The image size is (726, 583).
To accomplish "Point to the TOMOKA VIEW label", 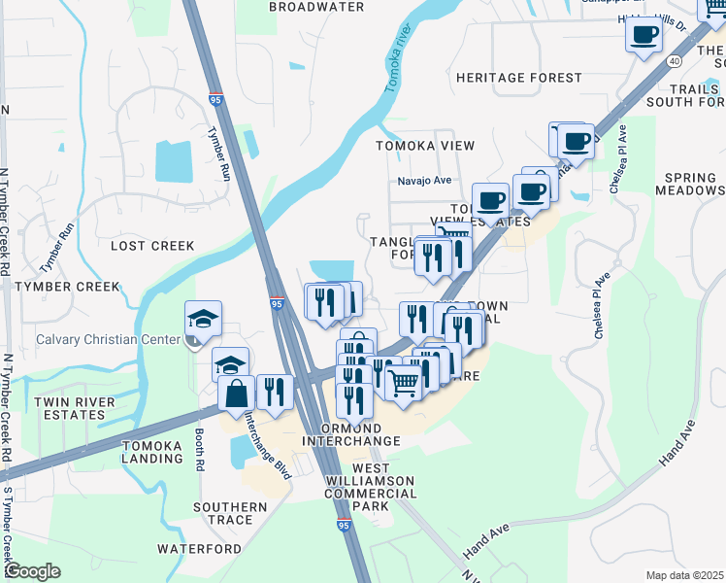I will pos(426,146).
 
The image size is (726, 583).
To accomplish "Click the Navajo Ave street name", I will pos(424,181).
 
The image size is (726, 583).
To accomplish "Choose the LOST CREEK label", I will pos(152,246).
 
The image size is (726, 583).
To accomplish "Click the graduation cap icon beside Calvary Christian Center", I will pos(204,318).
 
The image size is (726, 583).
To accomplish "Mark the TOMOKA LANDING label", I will pos(150,452).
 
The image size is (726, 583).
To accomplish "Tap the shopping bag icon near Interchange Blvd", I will pos(237,394).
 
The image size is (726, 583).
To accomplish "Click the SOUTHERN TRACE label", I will pos(230,513).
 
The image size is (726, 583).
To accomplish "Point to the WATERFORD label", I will pos(199,549).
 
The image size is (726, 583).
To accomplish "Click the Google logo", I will pos(31,571).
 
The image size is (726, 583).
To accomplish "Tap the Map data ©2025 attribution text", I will pos(684,575).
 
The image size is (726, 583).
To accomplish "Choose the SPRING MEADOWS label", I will pos(691,185).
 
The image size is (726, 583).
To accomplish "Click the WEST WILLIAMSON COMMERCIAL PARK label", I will pos(370,494).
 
